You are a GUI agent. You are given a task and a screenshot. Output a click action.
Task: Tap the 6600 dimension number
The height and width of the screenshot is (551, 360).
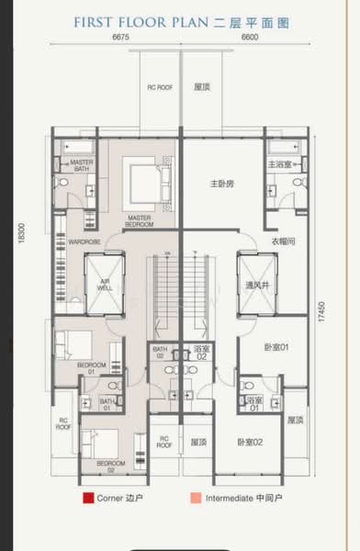tap(249, 38)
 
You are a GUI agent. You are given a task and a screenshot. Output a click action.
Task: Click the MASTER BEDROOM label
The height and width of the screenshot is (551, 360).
tap(140, 221)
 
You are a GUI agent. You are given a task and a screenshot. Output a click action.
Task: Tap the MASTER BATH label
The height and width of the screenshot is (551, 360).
tap(84, 165)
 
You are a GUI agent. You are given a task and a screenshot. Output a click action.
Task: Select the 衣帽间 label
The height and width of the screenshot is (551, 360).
tap(283, 242)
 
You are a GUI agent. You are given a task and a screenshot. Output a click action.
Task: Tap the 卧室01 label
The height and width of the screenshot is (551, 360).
tap(263, 348)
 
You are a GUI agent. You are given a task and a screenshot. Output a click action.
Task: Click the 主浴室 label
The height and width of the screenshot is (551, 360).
tap(279, 164)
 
